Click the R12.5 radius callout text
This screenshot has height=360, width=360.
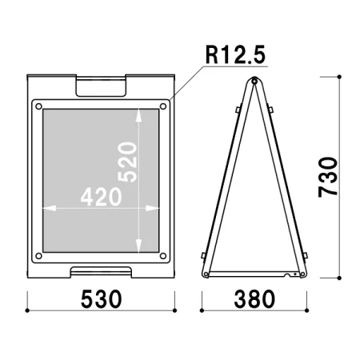coord(235,54)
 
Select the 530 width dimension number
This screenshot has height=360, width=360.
coord(102,299)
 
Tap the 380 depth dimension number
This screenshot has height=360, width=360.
coord(254,299)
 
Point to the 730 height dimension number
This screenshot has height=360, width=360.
coord(328,178)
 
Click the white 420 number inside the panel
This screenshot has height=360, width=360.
coord(101,197)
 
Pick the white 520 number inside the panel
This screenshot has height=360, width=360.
coord(128,162)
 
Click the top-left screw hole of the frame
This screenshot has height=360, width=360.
coord(38,106)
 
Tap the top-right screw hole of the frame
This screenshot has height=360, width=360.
coord(163,106)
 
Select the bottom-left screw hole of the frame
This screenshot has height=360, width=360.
coord(38,256)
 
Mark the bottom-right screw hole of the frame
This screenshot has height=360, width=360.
coord(163,256)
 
